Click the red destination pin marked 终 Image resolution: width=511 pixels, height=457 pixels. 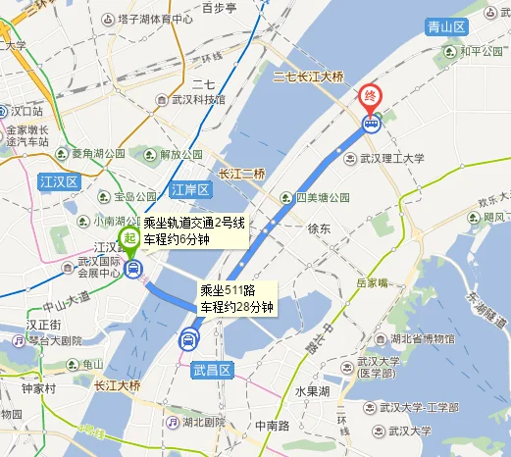click(371, 97)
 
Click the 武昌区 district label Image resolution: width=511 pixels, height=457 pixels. click(212, 370)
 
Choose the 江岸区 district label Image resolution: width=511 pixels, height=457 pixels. click(190, 188)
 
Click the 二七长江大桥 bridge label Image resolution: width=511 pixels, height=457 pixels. click(308, 76)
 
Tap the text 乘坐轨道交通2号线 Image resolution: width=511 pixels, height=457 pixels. click(193, 224)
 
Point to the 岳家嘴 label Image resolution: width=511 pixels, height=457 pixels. click(373, 282)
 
